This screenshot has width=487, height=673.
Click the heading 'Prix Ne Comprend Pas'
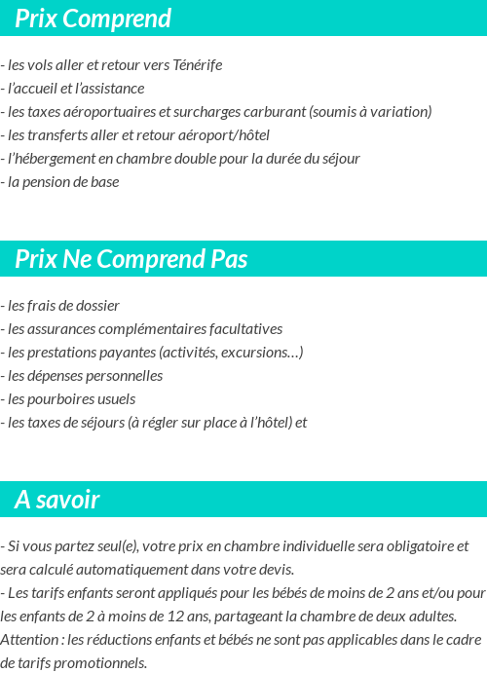tap(131, 259)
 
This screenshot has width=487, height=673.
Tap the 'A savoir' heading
tap(57, 500)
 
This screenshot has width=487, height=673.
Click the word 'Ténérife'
tap(198, 65)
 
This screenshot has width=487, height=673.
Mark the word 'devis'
tap(274, 570)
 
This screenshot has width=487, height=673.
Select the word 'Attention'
tap(30, 640)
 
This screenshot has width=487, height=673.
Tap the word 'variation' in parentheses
tap(396, 112)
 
